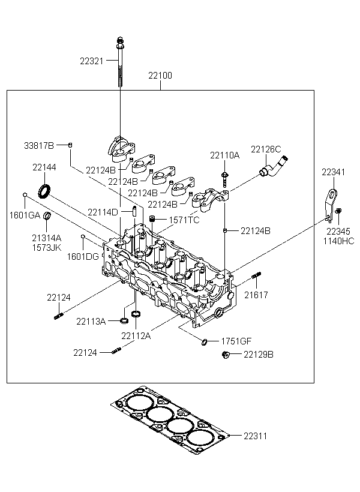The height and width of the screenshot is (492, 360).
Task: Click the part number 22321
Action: pos(92,61)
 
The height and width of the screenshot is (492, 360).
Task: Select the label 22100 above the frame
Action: pos(160,76)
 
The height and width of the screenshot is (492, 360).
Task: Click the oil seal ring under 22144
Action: pos(44,191)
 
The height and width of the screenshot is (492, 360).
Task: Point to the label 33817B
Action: pos(39,146)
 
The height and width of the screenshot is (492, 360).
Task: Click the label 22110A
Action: pos(224,155)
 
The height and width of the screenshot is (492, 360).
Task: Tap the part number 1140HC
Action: pos(340,241)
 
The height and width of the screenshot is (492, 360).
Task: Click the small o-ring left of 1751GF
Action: pos(205,342)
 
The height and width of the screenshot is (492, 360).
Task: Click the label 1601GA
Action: pos(23,215)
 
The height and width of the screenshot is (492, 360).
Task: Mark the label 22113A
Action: pos(91,321)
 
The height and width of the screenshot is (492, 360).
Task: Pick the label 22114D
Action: pos(102,212)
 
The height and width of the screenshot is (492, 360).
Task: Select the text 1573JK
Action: pos(47,247)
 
